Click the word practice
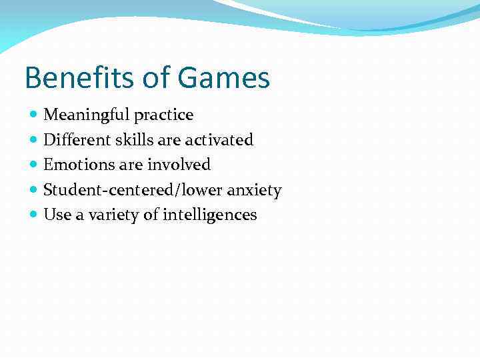163,115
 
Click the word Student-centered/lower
133,190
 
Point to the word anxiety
254,191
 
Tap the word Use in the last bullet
55,215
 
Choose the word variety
106,215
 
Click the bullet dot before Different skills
34,140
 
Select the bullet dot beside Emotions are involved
34,165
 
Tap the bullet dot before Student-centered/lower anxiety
34,190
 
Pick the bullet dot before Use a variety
34,215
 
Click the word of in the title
156,78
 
